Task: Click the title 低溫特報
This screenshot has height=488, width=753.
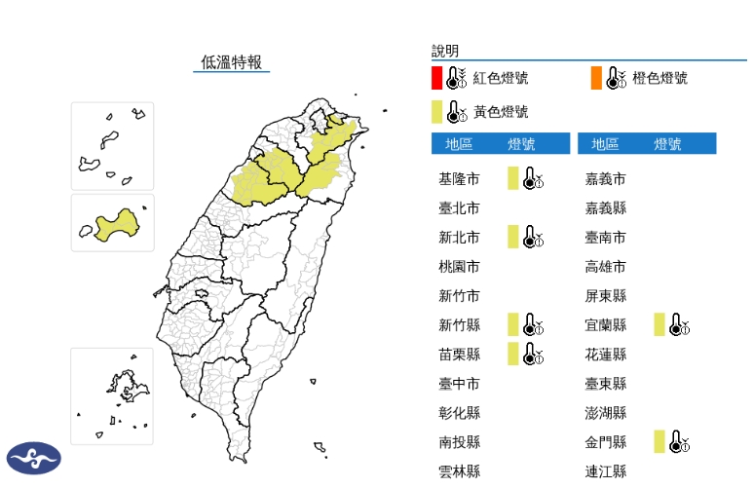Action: pos(231,62)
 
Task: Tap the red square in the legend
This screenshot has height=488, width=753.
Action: pos(437,78)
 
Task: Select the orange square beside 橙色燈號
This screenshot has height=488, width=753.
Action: pos(596,78)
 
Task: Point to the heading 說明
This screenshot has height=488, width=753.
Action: pos(445,51)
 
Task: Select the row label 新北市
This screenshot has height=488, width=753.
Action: pos(459,237)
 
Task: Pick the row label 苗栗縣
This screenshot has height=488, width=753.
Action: pos(459,354)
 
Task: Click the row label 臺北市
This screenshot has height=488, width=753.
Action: pos(459,207)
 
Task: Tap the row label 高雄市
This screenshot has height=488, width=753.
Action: pos(605,266)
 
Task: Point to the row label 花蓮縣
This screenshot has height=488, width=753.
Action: pos(605,354)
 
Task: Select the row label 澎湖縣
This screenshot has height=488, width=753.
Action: pos(605,412)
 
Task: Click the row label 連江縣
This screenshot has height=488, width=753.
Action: pos(605,470)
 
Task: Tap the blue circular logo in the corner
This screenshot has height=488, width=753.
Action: pos(34,458)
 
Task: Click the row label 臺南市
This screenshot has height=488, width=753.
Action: pos(605,237)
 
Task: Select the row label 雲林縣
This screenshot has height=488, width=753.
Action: pos(459,470)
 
